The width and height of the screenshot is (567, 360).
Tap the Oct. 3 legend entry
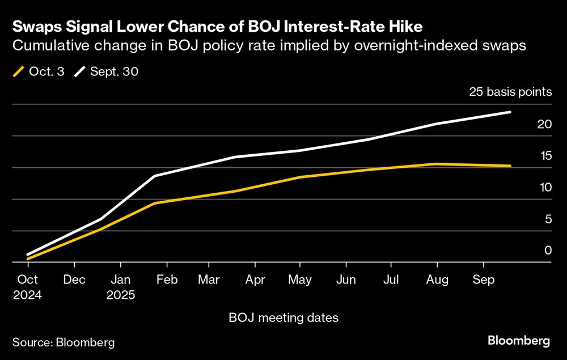[40, 72]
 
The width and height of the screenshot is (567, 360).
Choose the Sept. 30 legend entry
[107, 72]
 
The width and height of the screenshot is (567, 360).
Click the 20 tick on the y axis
[544, 124]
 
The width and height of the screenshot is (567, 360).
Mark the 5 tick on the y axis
[547, 219]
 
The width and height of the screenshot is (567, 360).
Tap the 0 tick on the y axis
[547, 250]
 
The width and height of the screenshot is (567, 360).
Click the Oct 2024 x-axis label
[27, 287]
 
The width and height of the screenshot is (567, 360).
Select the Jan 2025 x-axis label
[120, 287]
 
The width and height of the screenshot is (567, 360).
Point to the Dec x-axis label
[74, 279]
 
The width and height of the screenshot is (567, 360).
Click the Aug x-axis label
[437, 279]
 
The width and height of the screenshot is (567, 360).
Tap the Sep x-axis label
[483, 279]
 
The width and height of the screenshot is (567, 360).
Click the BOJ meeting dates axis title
[283, 317]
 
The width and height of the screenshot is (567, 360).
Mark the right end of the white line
[510, 112]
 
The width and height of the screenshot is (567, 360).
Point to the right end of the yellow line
[510, 166]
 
